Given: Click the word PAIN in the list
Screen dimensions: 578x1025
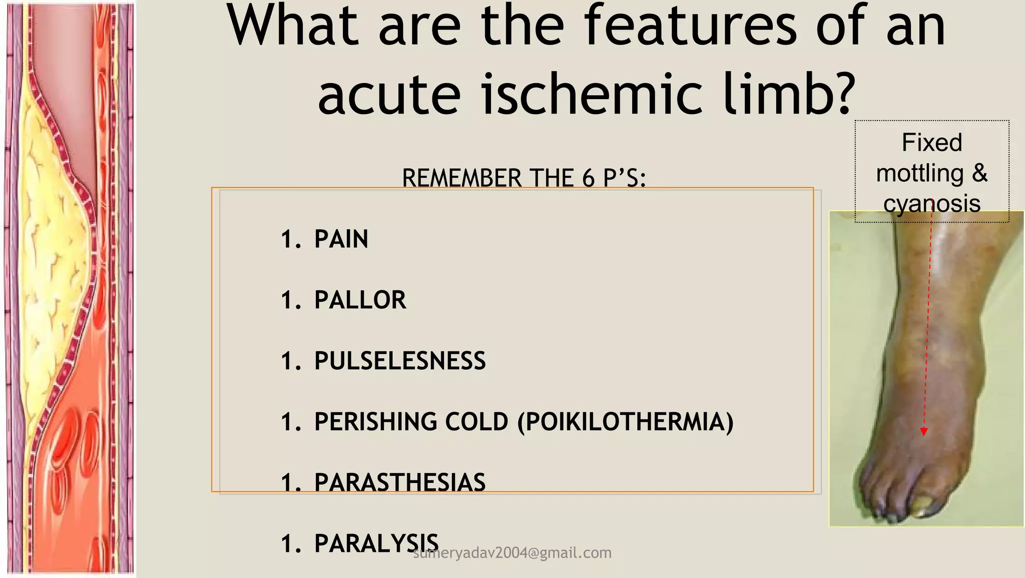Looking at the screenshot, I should (x=341, y=239).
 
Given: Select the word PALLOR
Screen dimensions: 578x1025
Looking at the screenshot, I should (x=360, y=300).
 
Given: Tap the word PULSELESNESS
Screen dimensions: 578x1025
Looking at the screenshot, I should (x=399, y=361).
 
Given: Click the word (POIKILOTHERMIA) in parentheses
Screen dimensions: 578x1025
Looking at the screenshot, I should (x=625, y=422).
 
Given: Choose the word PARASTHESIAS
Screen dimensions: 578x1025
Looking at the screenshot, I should (x=399, y=483).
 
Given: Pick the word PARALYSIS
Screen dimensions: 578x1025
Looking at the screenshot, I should (x=376, y=543).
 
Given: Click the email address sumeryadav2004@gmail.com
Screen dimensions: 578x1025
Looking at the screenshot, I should (x=512, y=553).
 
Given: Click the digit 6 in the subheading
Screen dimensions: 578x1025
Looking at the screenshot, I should (x=588, y=179).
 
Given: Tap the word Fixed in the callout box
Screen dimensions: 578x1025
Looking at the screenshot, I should (x=931, y=143).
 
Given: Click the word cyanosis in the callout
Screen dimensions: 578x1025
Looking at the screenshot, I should (x=931, y=204).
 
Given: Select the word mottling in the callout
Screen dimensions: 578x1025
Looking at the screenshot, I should (x=920, y=174).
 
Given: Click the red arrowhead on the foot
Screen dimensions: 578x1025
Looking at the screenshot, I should (x=924, y=431).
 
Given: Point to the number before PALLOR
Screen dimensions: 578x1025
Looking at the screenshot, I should (x=290, y=300).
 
